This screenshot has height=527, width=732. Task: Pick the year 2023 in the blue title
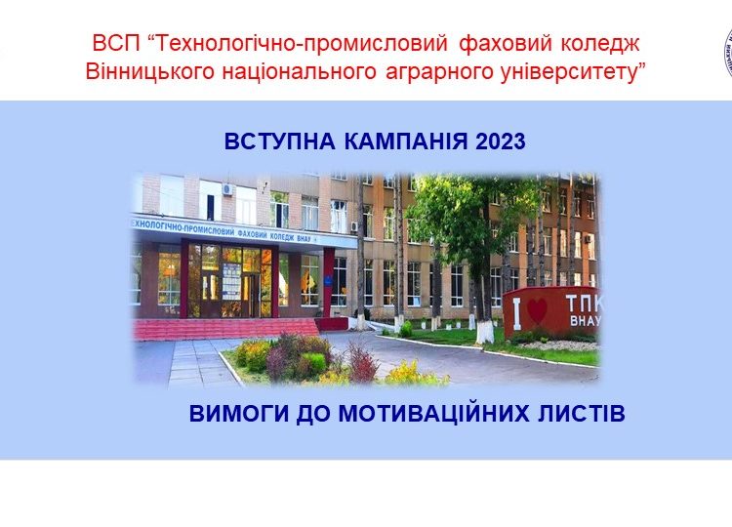click(x=501, y=142)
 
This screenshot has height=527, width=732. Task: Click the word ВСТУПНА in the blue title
click(x=280, y=142)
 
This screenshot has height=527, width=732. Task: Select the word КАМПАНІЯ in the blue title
click(x=406, y=142)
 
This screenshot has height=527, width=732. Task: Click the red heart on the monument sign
click(x=537, y=311)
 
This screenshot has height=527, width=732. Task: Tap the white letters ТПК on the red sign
click(x=585, y=304)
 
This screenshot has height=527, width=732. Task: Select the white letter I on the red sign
click(x=516, y=314)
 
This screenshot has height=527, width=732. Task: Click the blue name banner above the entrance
click(x=244, y=232)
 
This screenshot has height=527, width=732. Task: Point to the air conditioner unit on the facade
click(x=227, y=189)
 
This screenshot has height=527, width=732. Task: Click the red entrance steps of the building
click(x=224, y=329)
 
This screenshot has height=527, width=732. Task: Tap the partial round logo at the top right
click(x=728, y=53)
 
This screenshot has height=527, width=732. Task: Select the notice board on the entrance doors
click(x=231, y=281)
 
